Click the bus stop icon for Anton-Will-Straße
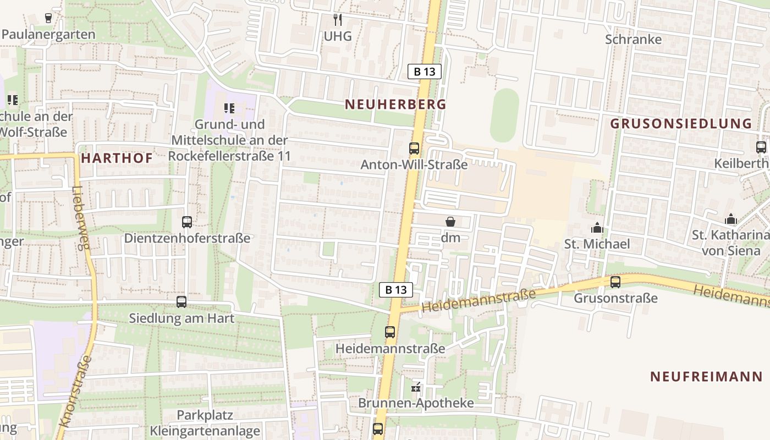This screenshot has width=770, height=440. [x=414, y=148]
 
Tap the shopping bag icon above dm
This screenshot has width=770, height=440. [x=450, y=222]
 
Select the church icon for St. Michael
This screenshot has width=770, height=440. [x=597, y=227]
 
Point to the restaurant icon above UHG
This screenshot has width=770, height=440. [x=338, y=20]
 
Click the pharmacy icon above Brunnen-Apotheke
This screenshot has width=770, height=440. [x=416, y=387]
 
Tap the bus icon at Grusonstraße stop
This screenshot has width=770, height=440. [x=615, y=282]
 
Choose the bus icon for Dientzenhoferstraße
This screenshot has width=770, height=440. [x=187, y=222]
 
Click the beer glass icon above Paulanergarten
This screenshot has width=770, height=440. [x=48, y=18]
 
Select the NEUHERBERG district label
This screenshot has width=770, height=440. [x=395, y=104]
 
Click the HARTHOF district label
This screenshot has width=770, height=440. [x=117, y=158]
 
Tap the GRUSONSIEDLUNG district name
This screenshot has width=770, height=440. [x=681, y=123]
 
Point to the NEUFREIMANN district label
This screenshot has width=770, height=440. [x=706, y=377]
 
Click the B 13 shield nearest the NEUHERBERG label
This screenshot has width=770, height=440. [x=424, y=71]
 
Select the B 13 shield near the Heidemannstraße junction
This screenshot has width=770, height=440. [x=395, y=290]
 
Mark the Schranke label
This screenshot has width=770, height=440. [x=633, y=40]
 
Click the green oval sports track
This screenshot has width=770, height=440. [x=504, y=116]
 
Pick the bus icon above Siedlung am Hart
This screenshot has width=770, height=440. [x=182, y=302]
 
